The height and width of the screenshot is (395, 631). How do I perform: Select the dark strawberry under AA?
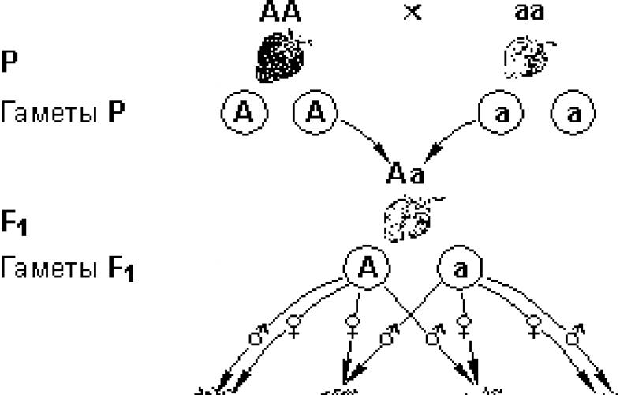point(282,55)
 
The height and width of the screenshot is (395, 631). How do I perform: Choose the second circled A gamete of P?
point(313,114)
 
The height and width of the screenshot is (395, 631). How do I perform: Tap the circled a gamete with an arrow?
point(499,114)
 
